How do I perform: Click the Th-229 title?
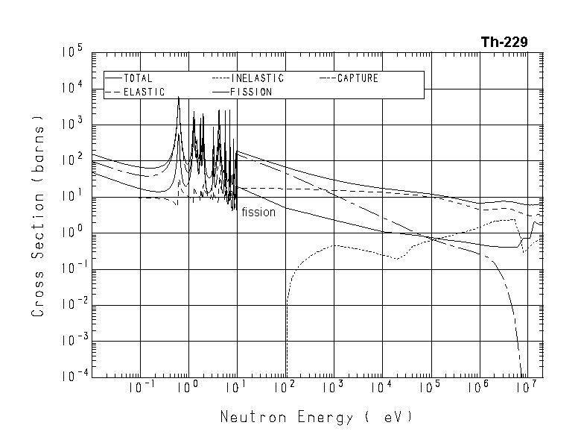coord(504,43)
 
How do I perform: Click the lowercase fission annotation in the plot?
coord(258,213)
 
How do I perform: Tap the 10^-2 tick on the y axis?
coord(72,305)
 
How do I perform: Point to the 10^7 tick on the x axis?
coord(527,388)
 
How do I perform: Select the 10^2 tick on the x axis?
coord(285,388)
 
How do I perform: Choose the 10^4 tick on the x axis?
coord(381,388)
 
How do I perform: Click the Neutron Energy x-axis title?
coord(316,417)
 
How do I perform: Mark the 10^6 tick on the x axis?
coord(478,388)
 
